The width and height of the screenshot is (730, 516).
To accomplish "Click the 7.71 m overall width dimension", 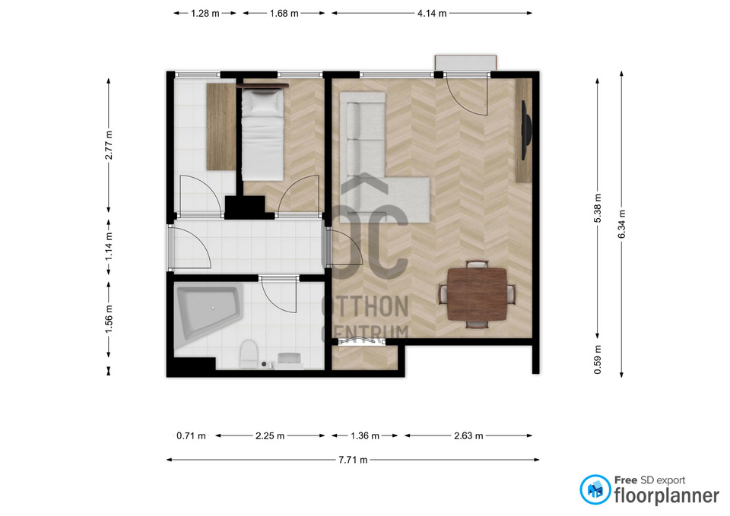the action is pyautogui.click(x=353, y=461).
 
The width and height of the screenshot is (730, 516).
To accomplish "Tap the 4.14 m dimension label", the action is pyautogui.click(x=432, y=14).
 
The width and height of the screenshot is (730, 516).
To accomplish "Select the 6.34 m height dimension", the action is pyautogui.click(x=622, y=223).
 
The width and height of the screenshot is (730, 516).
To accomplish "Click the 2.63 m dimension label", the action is pyautogui.click(x=468, y=436).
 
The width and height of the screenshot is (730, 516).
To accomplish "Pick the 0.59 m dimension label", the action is pyautogui.click(x=598, y=359).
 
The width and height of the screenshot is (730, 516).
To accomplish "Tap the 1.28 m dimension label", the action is pyautogui.click(x=205, y=14).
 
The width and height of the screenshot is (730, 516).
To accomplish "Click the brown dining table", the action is pyautogui.click(x=477, y=294).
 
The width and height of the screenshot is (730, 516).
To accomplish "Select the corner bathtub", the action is pyautogui.click(x=208, y=312).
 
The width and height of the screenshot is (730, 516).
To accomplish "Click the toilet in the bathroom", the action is pyautogui.click(x=248, y=353).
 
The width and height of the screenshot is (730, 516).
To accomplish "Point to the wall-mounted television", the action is pyautogui.click(x=526, y=130).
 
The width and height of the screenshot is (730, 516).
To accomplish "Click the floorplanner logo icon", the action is pyautogui.click(x=595, y=489).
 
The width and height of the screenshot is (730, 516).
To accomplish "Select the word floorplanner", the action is pyautogui.click(x=667, y=496).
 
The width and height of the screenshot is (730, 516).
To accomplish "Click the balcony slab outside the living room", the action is pyautogui.click(x=465, y=62).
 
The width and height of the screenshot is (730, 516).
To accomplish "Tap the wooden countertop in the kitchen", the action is pyautogui.click(x=221, y=127).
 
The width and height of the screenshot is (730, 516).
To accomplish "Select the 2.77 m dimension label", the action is pyautogui.click(x=109, y=145).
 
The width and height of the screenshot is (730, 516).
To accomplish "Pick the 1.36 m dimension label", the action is pyautogui.click(x=365, y=436).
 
